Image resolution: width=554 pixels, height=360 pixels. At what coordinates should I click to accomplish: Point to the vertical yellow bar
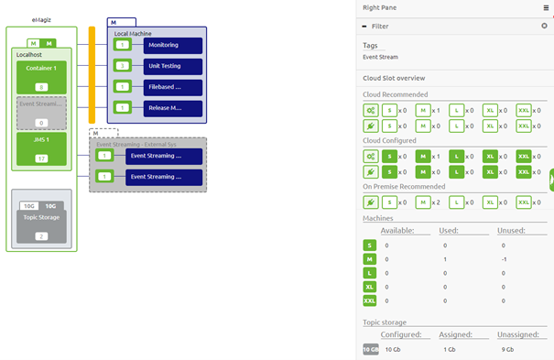92,74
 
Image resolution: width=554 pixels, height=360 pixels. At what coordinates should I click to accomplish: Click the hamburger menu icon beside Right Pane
546,7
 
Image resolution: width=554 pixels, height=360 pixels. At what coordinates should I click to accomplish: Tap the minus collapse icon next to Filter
365,27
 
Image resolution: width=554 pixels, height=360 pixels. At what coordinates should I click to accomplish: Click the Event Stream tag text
380,57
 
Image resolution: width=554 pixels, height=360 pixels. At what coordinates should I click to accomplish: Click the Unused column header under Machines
512,231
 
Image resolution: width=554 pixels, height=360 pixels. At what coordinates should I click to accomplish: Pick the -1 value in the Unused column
503,259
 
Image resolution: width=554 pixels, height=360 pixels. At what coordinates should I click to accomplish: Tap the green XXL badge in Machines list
370,300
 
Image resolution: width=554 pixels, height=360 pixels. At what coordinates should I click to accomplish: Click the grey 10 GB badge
370,349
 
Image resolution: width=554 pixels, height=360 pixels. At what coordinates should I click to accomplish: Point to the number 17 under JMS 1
41,158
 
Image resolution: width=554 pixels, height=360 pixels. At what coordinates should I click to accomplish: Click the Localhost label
29,55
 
